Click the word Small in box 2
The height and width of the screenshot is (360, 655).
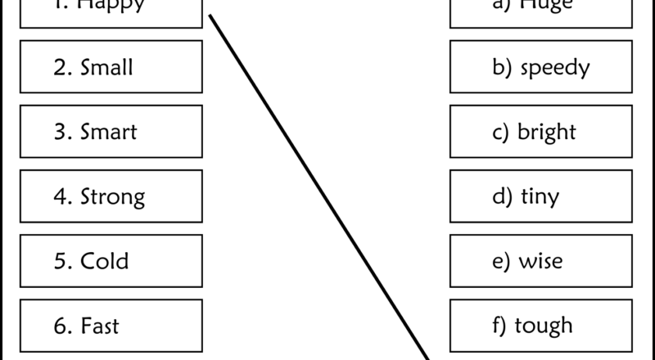106,67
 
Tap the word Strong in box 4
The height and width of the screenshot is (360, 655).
113,197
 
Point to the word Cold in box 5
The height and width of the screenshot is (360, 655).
105,262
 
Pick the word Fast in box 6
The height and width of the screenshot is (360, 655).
100,326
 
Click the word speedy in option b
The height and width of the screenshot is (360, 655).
553,68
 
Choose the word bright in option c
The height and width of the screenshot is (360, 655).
547,133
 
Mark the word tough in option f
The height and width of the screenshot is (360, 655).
544,326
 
